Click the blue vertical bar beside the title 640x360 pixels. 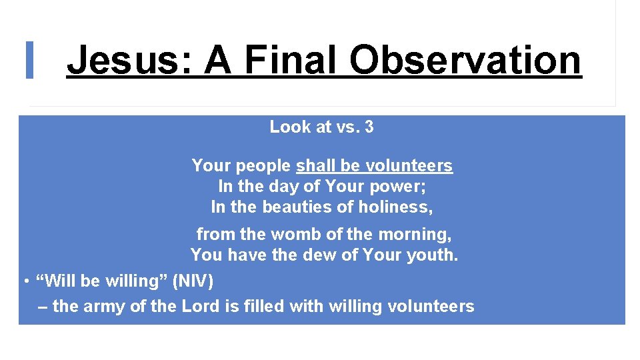pyautogui.click(x=29, y=60)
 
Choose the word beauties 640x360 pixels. pyautogui.click(x=294, y=207)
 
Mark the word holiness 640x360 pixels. pyautogui.click(x=401, y=207)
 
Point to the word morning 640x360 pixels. pyautogui.click(x=418, y=235)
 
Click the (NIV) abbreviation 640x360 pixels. pyautogui.click(x=193, y=281)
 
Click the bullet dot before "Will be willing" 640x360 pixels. pyautogui.click(x=25, y=281)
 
